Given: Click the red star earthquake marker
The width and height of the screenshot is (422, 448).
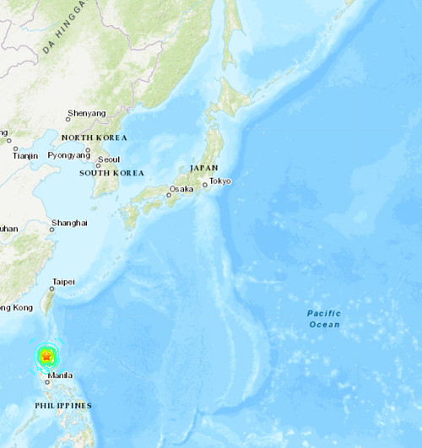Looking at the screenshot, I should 46,358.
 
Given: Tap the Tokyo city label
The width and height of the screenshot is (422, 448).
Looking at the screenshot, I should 220,181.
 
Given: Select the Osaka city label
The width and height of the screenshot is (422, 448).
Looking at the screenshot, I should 181,189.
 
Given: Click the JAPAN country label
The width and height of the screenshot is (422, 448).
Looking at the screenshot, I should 203,168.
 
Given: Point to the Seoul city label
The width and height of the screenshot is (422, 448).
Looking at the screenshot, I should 108,159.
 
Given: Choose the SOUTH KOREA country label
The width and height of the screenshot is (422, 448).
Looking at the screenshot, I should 111,173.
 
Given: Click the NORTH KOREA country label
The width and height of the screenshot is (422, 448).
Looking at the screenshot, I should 94,138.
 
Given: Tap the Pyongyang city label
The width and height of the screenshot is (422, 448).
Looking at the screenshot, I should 69,155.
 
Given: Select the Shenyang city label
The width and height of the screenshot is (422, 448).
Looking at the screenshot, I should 87,113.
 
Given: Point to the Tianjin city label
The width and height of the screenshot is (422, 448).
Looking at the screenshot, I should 25,155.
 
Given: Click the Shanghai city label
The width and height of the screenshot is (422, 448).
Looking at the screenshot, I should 69,223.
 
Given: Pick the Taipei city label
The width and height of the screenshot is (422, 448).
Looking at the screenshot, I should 64,281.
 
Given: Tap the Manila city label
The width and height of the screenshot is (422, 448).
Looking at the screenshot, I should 60,375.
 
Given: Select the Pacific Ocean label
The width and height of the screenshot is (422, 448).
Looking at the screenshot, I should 323,319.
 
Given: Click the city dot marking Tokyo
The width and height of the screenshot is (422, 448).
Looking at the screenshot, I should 204,183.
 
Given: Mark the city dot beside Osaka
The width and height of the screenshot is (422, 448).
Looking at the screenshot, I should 167,196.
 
